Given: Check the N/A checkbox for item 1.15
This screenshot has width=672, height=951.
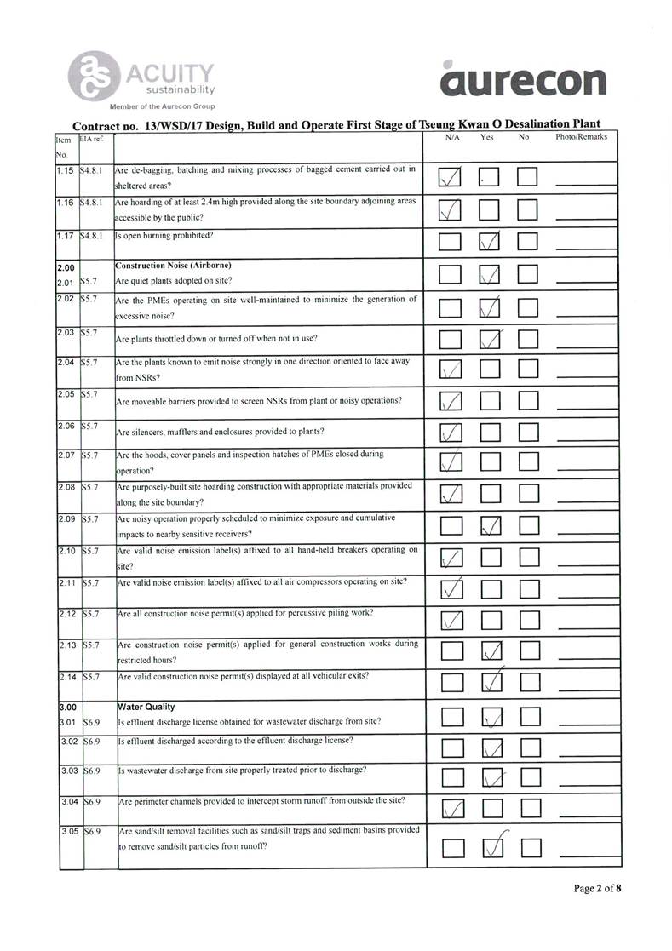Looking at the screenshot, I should [451, 177].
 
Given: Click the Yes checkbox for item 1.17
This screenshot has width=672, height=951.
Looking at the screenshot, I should [489, 243].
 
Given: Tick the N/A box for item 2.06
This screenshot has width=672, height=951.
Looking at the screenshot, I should [451, 433].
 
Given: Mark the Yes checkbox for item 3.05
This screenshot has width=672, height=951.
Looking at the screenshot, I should [489, 848].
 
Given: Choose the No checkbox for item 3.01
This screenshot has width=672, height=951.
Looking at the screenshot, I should [529, 720].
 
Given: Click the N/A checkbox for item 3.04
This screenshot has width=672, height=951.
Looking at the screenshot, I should [451, 805].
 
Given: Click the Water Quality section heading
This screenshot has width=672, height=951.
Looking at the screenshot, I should [146, 707].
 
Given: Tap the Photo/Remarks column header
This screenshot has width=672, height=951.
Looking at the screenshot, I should [581, 137].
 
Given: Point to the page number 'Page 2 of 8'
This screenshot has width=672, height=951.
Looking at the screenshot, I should [597, 889].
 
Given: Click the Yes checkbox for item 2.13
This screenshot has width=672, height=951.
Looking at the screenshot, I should [489, 651].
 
